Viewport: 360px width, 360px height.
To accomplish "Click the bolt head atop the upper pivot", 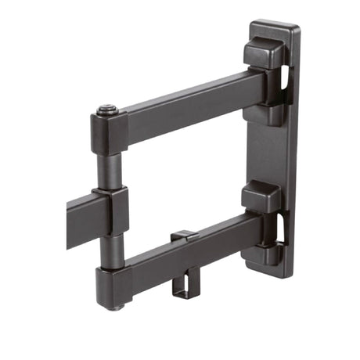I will point(108,110).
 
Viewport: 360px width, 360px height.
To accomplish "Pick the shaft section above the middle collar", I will point(110,171).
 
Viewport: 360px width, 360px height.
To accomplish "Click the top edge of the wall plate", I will point(275,26).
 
